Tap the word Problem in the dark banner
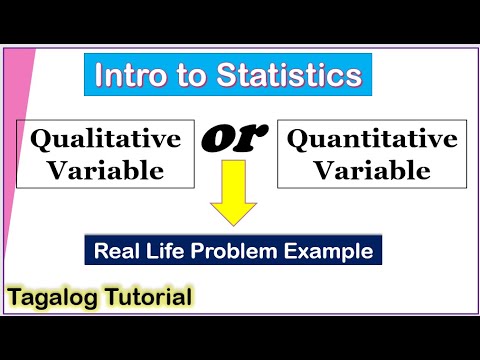tap(240, 250)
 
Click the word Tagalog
tap(56, 298)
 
